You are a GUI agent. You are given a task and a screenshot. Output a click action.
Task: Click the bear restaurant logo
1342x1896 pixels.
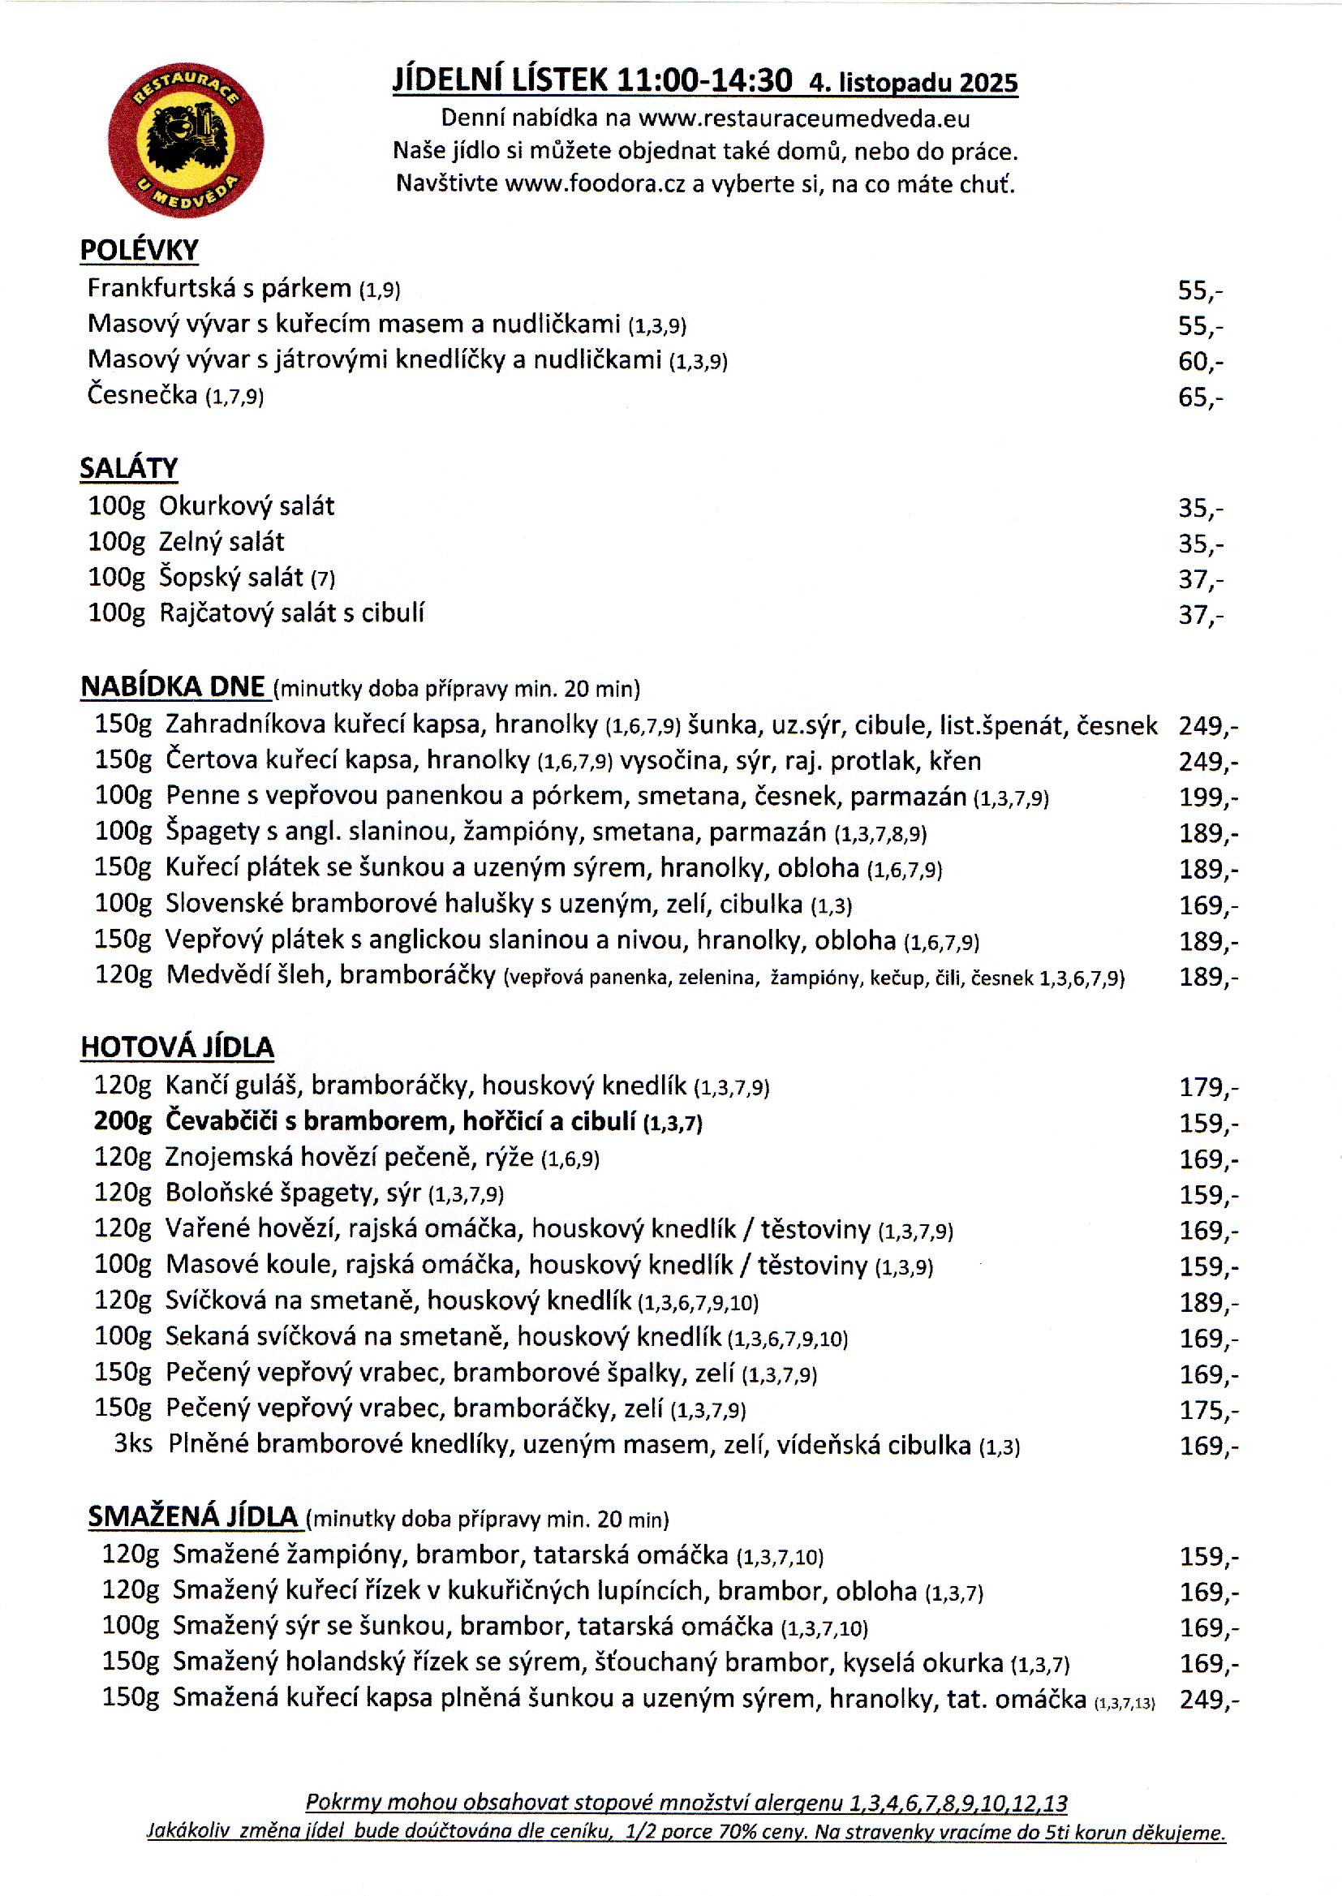[x=186, y=140]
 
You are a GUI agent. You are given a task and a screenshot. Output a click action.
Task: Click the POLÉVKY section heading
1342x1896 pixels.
[x=139, y=251]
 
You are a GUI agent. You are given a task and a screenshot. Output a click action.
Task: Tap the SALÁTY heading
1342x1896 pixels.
[x=129, y=468]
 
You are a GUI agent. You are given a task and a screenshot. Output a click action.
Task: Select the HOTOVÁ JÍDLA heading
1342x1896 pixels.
[x=177, y=1047]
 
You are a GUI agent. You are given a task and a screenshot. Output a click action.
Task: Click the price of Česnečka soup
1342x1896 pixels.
[x=1200, y=398]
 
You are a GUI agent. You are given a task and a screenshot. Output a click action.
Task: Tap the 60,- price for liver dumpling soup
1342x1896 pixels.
[x=1200, y=361]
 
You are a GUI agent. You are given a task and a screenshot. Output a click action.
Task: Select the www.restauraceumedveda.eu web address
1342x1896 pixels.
[x=804, y=118]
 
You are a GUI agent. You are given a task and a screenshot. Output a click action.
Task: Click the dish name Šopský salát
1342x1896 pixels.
[x=231, y=577]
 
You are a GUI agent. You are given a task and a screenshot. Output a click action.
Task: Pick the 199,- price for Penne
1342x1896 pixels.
[x=1208, y=798]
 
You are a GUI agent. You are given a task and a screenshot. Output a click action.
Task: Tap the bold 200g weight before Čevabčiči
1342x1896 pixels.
[x=123, y=1120]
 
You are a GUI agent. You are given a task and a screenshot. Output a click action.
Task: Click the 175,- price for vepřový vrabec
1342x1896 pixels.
[x=1208, y=1409]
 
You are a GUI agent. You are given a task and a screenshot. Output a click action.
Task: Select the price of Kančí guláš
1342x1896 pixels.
[x=1208, y=1086]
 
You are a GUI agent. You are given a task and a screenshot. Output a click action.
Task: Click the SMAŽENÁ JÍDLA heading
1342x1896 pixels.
[x=192, y=1516]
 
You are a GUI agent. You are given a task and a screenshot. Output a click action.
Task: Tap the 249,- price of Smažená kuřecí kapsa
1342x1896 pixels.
[x=1209, y=1700]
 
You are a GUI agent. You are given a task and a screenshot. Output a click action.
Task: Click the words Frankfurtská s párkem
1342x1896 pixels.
[x=219, y=288]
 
